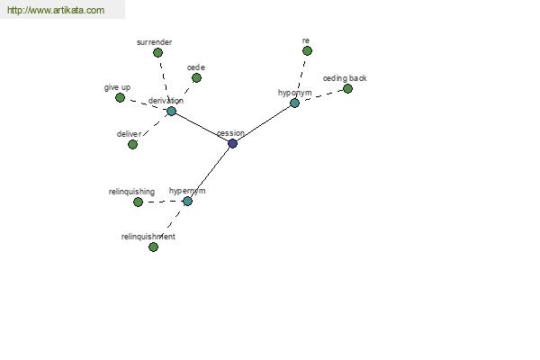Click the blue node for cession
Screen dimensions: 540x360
[x=233, y=143]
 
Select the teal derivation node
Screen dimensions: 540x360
[x=171, y=111]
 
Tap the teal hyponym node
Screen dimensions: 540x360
[x=295, y=103]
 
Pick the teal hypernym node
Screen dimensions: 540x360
[x=187, y=202]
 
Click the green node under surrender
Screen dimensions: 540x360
[x=157, y=53]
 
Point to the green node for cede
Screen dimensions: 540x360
[x=196, y=78]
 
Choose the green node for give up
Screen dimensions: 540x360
[x=120, y=98]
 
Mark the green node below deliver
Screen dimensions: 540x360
[x=132, y=144]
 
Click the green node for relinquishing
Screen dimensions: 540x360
[x=138, y=202]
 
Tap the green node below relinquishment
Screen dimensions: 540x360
[x=153, y=247]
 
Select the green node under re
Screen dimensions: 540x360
[x=307, y=51]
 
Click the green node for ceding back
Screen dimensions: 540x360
[x=347, y=89]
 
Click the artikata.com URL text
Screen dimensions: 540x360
[x=56, y=10]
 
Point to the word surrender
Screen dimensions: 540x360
[x=154, y=42]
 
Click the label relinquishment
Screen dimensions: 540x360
[x=148, y=237]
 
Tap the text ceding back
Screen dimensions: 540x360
[x=345, y=78]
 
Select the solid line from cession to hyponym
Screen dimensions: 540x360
[x=264, y=123]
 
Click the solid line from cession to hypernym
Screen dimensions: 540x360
[x=210, y=172]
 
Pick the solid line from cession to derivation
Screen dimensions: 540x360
[x=202, y=127]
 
